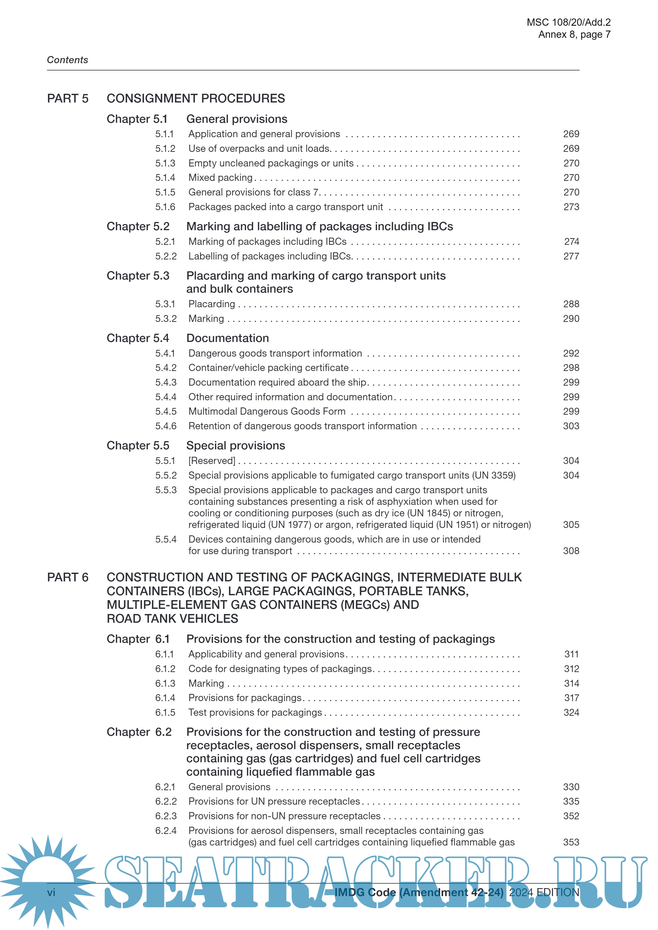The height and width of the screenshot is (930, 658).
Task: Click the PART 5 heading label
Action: click(68, 98)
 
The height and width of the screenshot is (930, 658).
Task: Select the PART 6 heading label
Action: click(68, 577)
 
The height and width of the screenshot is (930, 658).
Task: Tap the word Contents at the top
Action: click(68, 60)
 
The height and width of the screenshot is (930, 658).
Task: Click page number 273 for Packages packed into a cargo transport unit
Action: click(571, 207)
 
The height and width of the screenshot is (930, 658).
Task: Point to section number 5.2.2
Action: click(166, 256)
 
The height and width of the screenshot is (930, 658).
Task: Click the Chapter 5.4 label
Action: click(138, 338)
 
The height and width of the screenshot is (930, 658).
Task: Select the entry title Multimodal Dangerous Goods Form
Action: click(267, 412)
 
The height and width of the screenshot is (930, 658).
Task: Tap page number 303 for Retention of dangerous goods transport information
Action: click(571, 426)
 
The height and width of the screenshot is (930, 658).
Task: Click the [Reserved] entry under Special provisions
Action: click(212, 461)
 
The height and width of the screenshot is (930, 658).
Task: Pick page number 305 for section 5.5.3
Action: click(571, 525)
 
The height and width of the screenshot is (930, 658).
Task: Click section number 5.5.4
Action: click(166, 540)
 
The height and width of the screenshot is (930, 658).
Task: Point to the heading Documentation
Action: click(227, 338)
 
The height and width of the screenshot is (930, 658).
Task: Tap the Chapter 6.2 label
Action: click(139, 732)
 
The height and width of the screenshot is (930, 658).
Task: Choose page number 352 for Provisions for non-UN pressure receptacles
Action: click(571, 816)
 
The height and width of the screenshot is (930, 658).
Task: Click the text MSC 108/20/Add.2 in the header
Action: click(569, 22)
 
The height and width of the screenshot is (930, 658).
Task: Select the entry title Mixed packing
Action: click(221, 178)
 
